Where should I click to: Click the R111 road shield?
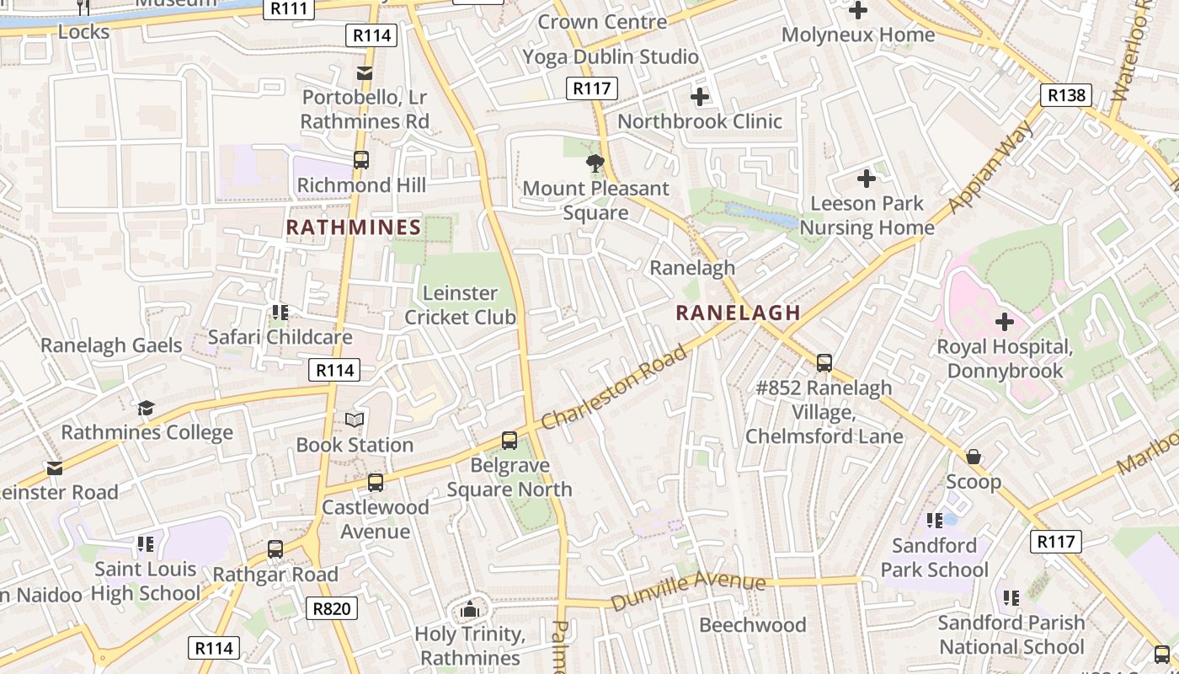[x=289, y=8]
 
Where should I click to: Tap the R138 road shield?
[x=1066, y=95]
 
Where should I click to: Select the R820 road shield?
[x=333, y=608]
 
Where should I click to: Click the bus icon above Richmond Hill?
[x=361, y=160]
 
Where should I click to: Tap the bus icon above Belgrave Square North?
[x=509, y=441]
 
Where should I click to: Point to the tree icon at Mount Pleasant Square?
[x=595, y=163]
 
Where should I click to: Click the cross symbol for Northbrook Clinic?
[x=700, y=97]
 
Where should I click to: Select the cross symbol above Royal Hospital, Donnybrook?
[x=1005, y=322]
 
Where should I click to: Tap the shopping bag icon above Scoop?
[x=974, y=457]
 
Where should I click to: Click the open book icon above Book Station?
[x=355, y=420]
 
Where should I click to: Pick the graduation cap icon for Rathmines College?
[x=147, y=408]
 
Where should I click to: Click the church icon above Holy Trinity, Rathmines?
[x=470, y=609]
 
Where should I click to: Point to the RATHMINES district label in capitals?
[x=354, y=227]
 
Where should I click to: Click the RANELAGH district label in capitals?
[x=738, y=313]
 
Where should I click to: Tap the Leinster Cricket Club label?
[x=460, y=305]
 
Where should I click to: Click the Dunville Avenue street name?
[x=688, y=591]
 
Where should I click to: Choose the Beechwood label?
[x=753, y=625]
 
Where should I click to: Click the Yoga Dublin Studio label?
[x=611, y=56]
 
